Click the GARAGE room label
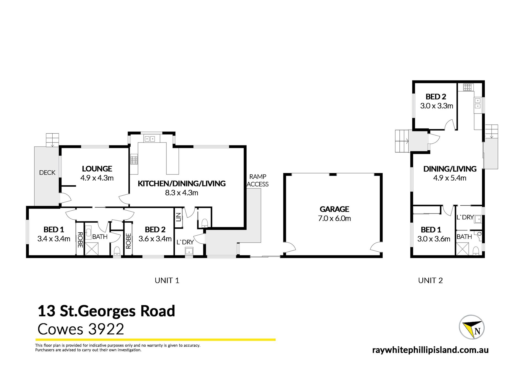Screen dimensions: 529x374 (x=334, y=209)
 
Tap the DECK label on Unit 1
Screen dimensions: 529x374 (x=47, y=173)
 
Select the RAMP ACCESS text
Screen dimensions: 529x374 (x=258, y=180)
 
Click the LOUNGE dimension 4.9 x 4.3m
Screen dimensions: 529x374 (x=97, y=178)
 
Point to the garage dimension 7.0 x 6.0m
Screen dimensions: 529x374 (x=334, y=219)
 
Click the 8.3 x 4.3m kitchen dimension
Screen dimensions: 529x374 (x=182, y=193)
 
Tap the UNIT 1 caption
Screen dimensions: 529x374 (x=167, y=281)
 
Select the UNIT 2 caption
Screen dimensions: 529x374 (x=430, y=281)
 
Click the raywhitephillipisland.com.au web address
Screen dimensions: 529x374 (x=430, y=350)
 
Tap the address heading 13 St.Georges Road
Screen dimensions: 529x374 (x=106, y=311)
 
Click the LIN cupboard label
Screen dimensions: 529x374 (x=179, y=217)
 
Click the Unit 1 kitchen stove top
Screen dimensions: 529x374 (x=134, y=160)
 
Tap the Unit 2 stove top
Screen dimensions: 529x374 (x=468, y=87)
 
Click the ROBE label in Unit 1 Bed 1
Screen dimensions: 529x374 (x=80, y=240)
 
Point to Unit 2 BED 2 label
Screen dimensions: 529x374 (x=436, y=97)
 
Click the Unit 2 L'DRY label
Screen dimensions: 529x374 (x=465, y=217)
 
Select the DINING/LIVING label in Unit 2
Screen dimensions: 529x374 (x=450, y=169)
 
